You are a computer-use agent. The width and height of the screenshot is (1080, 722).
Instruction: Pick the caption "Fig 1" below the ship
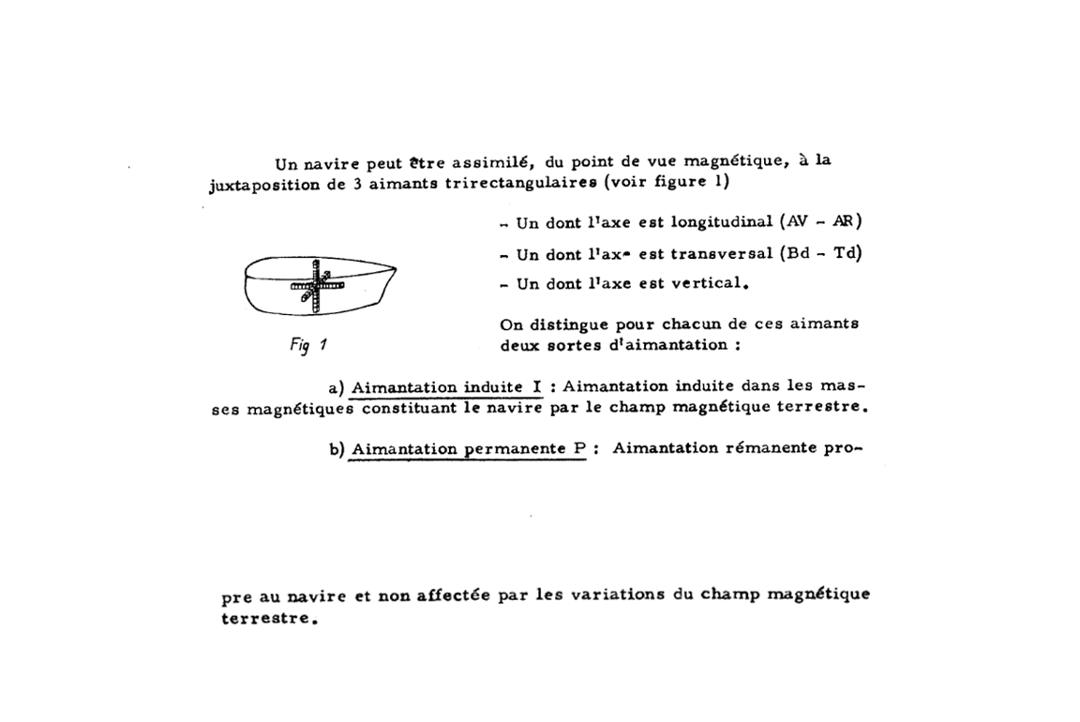pos(307,344)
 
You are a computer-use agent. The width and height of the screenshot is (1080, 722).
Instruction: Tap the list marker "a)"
pos(337,387)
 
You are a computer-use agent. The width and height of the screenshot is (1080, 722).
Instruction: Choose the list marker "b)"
pos(337,449)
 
